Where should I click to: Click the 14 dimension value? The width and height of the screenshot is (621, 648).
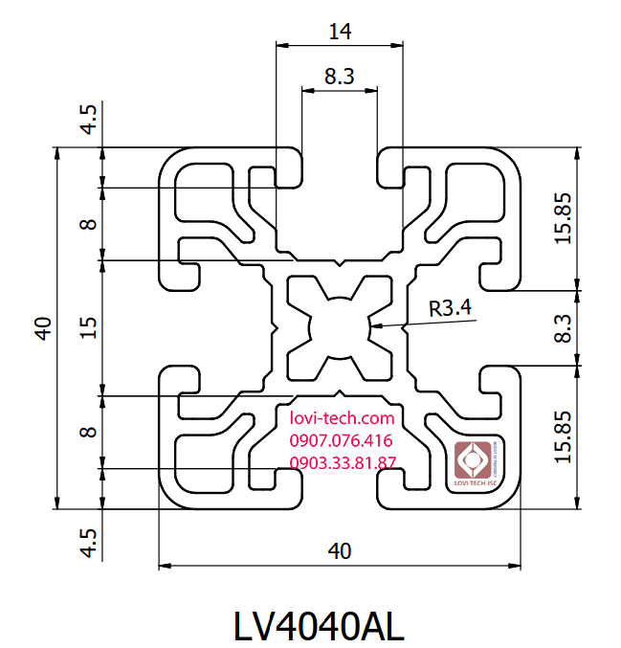click(x=339, y=31)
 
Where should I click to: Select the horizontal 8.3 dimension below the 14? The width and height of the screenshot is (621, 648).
click(x=340, y=76)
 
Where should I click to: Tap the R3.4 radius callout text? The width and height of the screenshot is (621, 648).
click(x=450, y=308)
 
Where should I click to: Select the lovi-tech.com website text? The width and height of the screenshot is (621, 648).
click(x=341, y=418)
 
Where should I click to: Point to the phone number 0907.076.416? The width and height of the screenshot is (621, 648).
click(x=341, y=441)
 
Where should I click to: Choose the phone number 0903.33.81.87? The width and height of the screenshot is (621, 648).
click(x=343, y=464)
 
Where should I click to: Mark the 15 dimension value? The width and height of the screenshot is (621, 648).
click(x=88, y=327)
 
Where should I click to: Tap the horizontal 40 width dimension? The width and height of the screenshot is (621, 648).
click(x=340, y=551)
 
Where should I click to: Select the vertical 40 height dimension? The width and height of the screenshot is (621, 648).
click(x=42, y=327)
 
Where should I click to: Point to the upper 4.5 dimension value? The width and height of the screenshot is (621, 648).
click(x=88, y=120)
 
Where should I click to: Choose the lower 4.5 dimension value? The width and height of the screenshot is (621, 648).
click(x=88, y=542)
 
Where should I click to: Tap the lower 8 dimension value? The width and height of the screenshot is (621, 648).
click(x=88, y=432)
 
